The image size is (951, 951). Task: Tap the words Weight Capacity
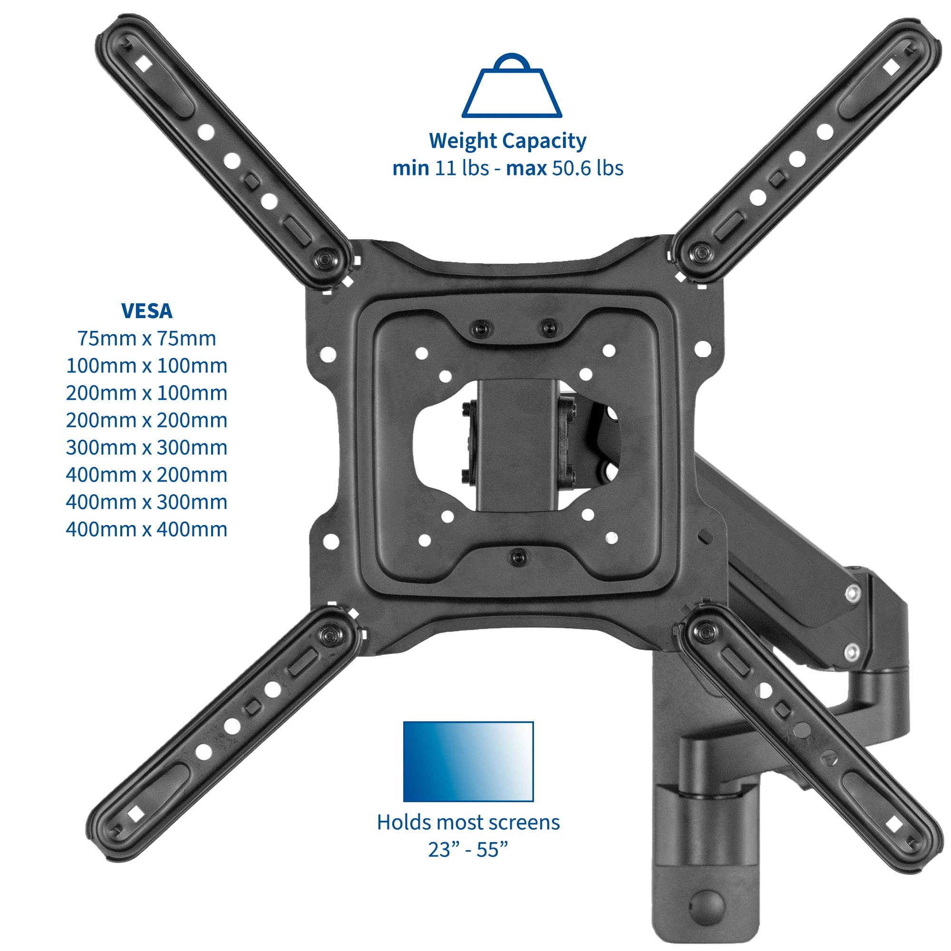pyautogui.click(x=507, y=141)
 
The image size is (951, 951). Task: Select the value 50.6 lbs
pyautogui.click(x=588, y=168)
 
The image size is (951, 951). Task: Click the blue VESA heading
pyautogui.click(x=146, y=311)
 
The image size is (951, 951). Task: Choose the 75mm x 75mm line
pyautogui.click(x=146, y=339)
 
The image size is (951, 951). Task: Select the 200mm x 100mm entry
pyautogui.click(x=146, y=393)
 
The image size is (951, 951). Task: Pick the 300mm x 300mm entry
pyautogui.click(x=146, y=447)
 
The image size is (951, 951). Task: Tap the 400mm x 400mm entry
pyautogui.click(x=146, y=529)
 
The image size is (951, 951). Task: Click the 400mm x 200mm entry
pyautogui.click(x=146, y=475)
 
